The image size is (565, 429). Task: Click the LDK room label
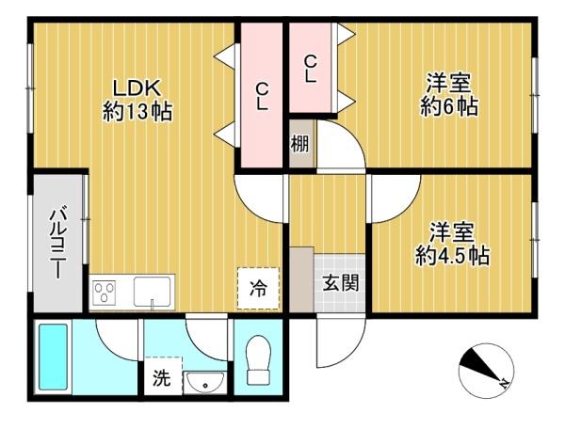(x=137, y=88)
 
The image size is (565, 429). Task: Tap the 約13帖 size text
(x=137, y=112)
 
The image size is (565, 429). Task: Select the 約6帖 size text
(x=449, y=107)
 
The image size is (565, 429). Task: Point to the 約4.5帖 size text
(x=453, y=256)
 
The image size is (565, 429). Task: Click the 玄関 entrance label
(x=341, y=283)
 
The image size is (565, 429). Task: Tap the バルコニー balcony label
(x=57, y=244)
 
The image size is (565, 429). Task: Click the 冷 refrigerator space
(x=258, y=288)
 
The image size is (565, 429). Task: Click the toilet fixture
(x=258, y=360)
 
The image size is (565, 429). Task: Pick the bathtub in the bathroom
(x=53, y=357)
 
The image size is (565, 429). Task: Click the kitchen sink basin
(x=152, y=292)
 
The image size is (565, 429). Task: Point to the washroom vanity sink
(x=205, y=382)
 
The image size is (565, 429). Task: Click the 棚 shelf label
(x=299, y=144)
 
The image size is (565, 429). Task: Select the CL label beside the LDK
(x=262, y=96)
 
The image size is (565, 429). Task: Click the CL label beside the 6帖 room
(x=310, y=69)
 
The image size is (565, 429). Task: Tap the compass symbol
(x=487, y=371)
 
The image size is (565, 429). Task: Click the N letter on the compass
(x=504, y=384)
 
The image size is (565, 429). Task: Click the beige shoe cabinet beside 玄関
(x=301, y=279)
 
